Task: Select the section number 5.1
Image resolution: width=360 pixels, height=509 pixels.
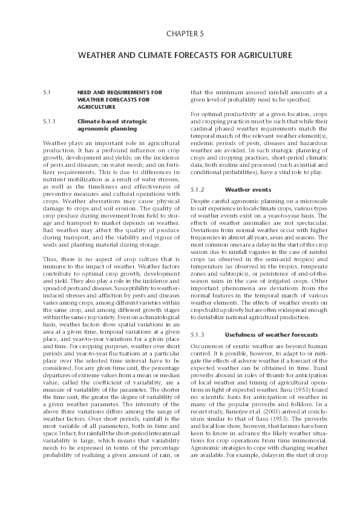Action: click(47, 92)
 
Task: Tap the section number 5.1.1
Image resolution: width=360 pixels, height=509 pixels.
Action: click(50, 122)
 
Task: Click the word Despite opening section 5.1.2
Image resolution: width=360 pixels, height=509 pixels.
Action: click(200, 200)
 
